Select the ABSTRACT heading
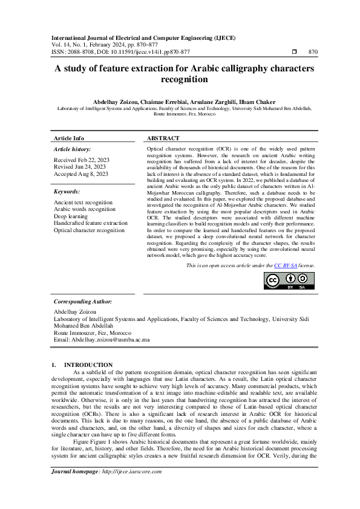[163, 138]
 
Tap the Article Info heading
[69, 138]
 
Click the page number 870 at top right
[313, 52]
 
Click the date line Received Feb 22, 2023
[82, 160]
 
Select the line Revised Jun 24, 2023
[80, 167]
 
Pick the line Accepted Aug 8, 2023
[81, 174]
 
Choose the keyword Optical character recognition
[89, 230]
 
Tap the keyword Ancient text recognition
[83, 202]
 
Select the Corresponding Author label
[82, 301]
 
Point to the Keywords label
[67, 191]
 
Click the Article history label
[73, 149]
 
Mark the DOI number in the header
[142, 52]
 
